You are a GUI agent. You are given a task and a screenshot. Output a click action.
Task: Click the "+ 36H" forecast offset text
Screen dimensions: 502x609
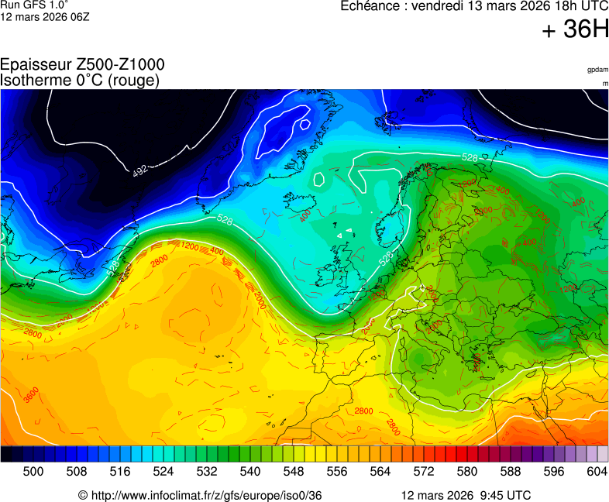click(x=575, y=29)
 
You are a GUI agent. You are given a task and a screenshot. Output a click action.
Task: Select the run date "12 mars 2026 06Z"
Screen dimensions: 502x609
click(x=45, y=16)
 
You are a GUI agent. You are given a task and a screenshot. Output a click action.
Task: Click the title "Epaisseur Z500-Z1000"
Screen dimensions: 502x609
click(x=82, y=65)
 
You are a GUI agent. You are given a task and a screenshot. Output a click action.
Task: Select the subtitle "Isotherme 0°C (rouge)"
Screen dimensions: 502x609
click(x=80, y=80)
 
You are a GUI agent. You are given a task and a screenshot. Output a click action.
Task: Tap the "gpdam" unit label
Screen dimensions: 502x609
click(x=597, y=70)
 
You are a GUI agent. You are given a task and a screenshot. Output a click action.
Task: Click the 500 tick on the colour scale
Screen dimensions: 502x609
click(x=33, y=470)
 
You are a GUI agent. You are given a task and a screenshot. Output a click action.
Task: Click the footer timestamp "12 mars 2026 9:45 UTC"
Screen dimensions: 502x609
click(x=466, y=495)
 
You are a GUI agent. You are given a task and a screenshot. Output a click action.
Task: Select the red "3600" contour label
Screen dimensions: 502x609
click(x=30, y=395)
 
